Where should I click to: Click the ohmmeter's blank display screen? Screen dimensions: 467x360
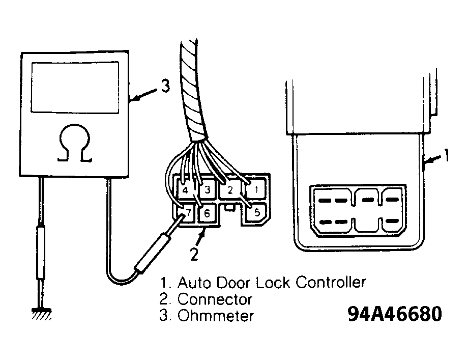point(75,88)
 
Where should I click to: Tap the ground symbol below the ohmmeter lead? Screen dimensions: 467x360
point(41,314)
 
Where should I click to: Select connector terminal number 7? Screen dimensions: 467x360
point(185,212)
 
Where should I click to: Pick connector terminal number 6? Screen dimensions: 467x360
point(207,213)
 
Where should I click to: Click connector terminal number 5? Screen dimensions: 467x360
point(256,212)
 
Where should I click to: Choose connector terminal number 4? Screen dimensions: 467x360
point(185,189)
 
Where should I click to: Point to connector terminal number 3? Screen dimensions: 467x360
point(207,189)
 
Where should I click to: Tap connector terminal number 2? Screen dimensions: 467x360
point(229,189)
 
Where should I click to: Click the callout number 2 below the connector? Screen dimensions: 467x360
point(194,254)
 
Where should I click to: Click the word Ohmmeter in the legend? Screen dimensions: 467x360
point(215,316)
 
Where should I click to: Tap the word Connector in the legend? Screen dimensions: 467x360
point(215,299)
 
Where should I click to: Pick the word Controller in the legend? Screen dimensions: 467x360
point(331,282)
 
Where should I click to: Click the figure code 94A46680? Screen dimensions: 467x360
point(395,314)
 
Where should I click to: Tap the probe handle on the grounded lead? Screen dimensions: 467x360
point(41,253)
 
